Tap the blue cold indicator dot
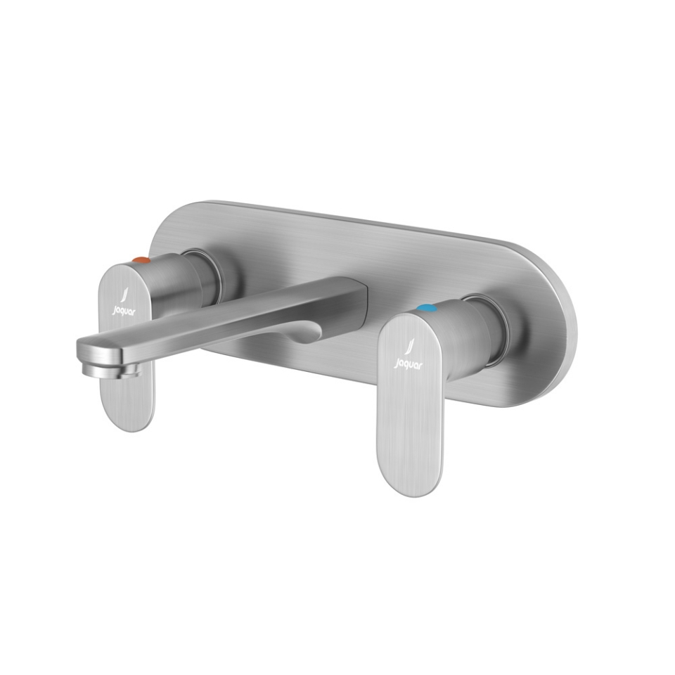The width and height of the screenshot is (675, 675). pyautogui.click(x=425, y=307)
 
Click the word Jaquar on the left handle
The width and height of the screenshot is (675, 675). pyautogui.click(x=123, y=309)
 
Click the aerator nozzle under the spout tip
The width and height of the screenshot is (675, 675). pyautogui.click(x=103, y=370)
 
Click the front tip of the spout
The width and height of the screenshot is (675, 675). pyautogui.click(x=84, y=348)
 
